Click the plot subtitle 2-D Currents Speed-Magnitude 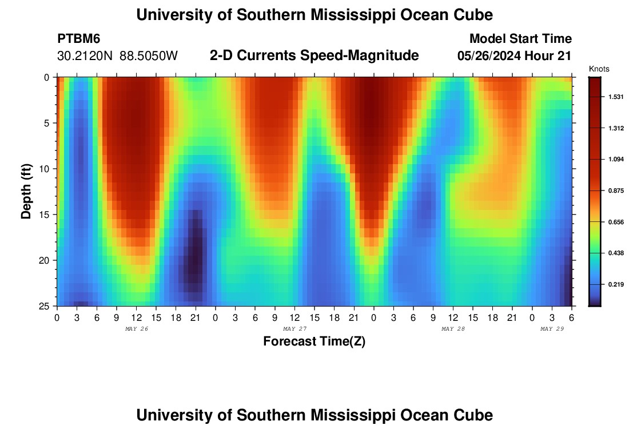pos(314,55)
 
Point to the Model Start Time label pos(520,39)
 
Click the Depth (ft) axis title pos(26,191)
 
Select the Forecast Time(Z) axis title pos(314,341)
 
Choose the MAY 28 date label pos(453,329)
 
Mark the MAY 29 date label pos(552,329)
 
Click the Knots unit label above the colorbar pos(599,69)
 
